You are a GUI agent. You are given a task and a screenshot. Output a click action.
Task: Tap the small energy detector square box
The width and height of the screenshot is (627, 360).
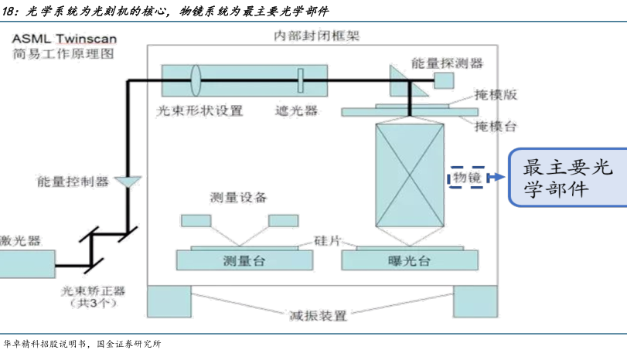[x=443, y=80]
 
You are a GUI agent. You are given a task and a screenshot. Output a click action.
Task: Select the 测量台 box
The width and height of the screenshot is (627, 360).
[x=243, y=260]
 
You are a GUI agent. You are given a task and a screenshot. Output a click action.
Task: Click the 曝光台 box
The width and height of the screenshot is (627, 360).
[x=407, y=260]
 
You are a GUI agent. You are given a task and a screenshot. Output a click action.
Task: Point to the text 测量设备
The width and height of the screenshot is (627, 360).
[x=238, y=198]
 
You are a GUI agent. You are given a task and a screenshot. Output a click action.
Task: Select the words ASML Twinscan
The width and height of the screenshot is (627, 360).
[x=58, y=37]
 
